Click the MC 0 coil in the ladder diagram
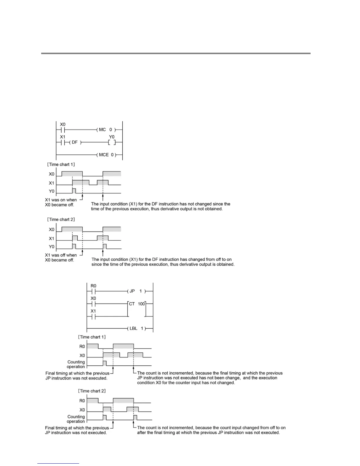[106, 130]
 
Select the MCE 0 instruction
[106, 154]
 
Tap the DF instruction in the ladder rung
[75, 142]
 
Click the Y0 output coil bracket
[111, 142]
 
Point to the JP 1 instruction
[136, 291]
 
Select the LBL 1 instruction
[137, 328]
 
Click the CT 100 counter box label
[137, 304]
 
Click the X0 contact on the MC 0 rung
[63, 130]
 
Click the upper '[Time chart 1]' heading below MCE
[61, 164]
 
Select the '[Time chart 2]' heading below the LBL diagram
[92, 391]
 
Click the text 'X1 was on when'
[61, 200]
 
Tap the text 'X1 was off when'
[61, 255]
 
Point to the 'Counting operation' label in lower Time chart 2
[76, 419]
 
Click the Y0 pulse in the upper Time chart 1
[74, 190]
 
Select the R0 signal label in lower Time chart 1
[82, 347]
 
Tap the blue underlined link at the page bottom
[58, 464]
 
